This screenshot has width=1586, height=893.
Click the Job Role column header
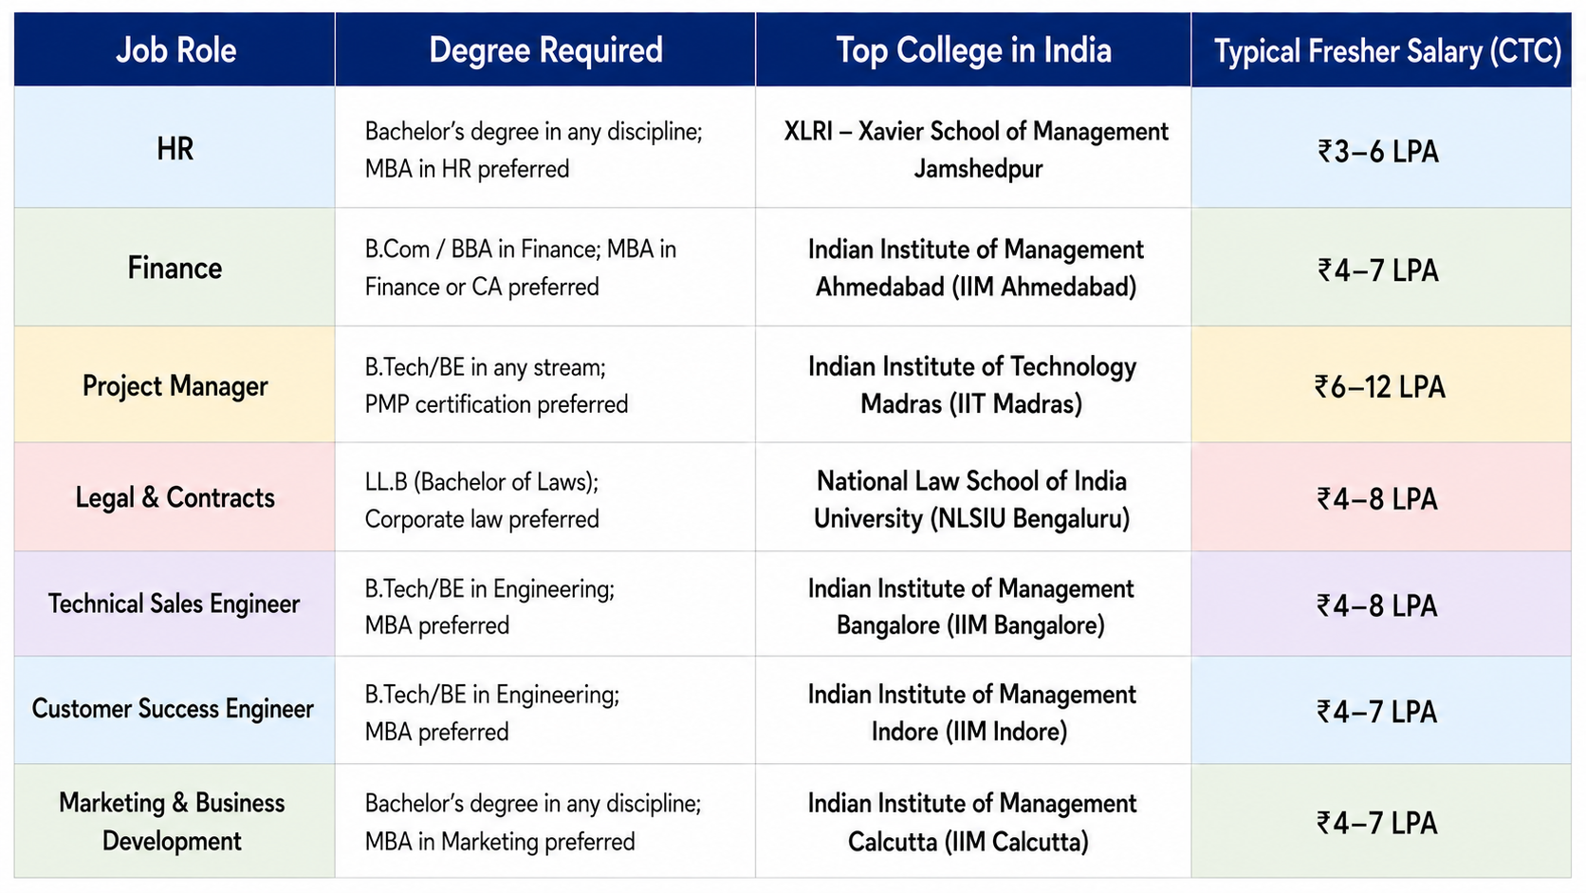tap(175, 50)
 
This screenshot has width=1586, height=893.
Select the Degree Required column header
tap(545, 50)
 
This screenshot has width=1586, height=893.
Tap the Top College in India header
tap(973, 50)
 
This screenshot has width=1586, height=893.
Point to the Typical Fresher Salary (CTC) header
tap(1388, 51)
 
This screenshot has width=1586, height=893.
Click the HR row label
tap(175, 149)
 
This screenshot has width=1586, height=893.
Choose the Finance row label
tap(175, 269)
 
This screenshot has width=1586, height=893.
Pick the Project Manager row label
tap(175, 386)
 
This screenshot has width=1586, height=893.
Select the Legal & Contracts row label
tap(175, 498)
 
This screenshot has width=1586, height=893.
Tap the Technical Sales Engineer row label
tap(175, 605)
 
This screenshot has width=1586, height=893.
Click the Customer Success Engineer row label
tap(173, 709)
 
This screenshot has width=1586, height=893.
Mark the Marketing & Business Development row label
tap(172, 822)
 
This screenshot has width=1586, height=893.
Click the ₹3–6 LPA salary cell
tap(1378, 152)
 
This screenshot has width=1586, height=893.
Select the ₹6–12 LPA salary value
tap(1379, 387)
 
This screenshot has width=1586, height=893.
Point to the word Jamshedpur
tap(979, 169)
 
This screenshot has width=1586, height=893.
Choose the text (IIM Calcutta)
tap(1017, 842)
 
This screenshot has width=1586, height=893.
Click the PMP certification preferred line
tap(496, 404)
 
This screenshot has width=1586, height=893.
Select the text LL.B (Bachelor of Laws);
tap(482, 482)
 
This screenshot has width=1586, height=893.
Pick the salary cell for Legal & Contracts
tap(1377, 499)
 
